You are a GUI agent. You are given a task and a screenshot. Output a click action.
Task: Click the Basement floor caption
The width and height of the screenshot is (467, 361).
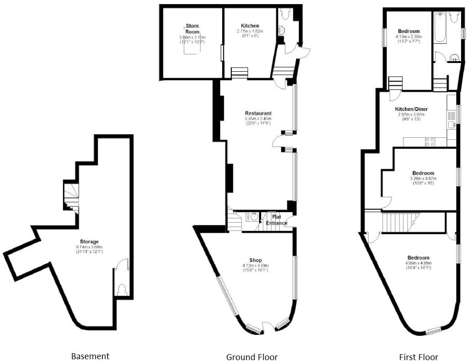tap(90, 356)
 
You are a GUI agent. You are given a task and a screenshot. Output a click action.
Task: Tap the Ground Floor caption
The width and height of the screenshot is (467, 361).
tap(252, 357)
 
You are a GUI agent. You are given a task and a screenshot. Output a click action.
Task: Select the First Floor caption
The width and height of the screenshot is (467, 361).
tap(418, 357)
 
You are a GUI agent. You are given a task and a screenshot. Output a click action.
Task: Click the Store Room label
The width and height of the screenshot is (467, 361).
tap(192, 29)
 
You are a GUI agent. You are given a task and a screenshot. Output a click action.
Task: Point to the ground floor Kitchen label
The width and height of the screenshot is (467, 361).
tap(250, 26)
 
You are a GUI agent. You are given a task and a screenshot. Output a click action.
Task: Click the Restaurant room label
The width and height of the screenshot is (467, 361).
tap(258, 113)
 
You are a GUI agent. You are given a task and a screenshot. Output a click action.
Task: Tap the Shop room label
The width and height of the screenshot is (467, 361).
tap(255, 261)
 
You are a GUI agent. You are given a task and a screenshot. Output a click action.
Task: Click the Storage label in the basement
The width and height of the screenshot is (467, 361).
tap(88, 241)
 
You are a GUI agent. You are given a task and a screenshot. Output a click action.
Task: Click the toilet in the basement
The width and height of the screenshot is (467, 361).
tap(122, 289)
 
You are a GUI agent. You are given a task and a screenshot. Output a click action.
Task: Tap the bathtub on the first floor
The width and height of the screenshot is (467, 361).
tap(440, 28)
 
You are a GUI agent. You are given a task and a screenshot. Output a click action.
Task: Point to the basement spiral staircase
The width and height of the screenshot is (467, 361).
tap(71, 196)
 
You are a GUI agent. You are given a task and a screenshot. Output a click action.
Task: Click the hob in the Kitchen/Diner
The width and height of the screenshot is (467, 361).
tap(429, 141)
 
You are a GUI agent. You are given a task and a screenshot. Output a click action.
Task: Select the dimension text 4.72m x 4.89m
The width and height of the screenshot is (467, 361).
tap(255, 266)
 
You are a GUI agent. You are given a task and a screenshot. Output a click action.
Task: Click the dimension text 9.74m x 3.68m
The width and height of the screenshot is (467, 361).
tap(89, 246)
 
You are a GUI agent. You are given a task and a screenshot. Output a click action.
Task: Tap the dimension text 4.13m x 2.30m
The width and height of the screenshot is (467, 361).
tap(409, 37)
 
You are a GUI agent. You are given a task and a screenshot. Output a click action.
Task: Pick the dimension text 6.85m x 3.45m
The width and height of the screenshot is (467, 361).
tap(258, 119)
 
